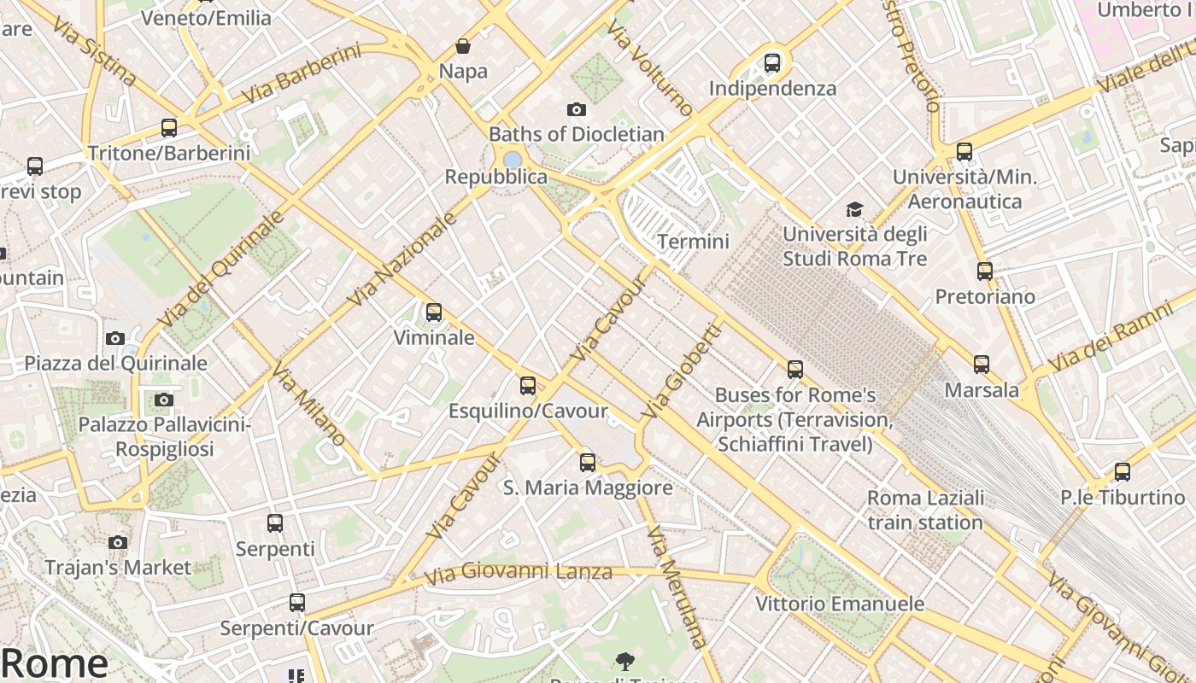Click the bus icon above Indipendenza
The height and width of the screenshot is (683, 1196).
772,62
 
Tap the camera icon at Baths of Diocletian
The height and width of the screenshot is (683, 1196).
577,109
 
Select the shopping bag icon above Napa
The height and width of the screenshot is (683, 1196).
463,46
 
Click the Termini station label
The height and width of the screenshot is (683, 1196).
694,242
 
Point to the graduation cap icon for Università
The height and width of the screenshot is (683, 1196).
854,209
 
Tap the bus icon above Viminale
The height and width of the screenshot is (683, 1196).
434,312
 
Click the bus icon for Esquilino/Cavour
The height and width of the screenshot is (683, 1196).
528,386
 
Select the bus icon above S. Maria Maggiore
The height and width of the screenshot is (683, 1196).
588,463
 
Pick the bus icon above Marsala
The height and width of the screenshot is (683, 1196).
982,365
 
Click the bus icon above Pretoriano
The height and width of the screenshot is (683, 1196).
985,271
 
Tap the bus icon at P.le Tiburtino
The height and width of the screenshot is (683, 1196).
1123,472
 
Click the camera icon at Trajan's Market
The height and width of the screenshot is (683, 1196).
118,542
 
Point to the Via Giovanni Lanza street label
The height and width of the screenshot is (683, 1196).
519,573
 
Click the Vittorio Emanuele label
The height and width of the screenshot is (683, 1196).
840,604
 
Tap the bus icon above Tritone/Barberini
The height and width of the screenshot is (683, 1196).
169,128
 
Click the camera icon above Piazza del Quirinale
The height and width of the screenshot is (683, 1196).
115,338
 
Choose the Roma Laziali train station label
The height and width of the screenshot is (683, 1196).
925,510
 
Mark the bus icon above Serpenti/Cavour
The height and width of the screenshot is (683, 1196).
296,603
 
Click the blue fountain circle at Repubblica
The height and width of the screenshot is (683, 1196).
513,160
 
